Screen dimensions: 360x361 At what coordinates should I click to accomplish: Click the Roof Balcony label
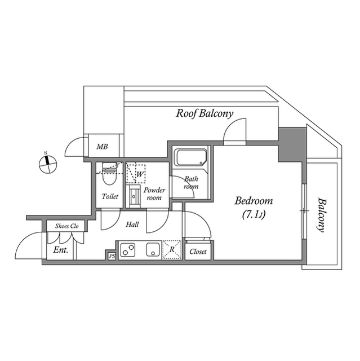[205, 113]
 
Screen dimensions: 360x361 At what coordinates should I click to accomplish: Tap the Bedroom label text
[254, 201]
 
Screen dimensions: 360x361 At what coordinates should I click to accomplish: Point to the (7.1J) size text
[254, 215]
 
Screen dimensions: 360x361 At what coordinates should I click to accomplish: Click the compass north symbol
[48, 164]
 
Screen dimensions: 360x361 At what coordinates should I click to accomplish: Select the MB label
[102, 147]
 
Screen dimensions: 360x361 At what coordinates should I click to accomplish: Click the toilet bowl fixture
[109, 174]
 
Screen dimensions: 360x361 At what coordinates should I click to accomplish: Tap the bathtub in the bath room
[190, 158]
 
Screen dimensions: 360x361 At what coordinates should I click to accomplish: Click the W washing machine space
[136, 174]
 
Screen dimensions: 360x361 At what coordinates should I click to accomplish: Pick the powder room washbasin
[135, 196]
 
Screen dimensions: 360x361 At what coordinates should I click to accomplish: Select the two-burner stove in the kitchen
[128, 249]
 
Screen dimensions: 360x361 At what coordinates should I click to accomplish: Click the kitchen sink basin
[153, 249]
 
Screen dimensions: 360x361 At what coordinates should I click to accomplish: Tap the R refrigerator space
[172, 249]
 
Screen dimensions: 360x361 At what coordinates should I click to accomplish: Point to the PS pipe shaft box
[112, 256]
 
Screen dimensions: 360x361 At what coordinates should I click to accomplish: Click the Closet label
[198, 252]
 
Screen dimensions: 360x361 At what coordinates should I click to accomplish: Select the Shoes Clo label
[67, 226]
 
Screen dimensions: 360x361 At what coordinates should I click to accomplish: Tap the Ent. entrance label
[61, 250]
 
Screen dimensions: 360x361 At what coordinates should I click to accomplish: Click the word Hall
[132, 224]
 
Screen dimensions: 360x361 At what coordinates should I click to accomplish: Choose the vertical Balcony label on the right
[321, 215]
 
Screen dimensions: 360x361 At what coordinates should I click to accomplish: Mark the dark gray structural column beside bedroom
[292, 145]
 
